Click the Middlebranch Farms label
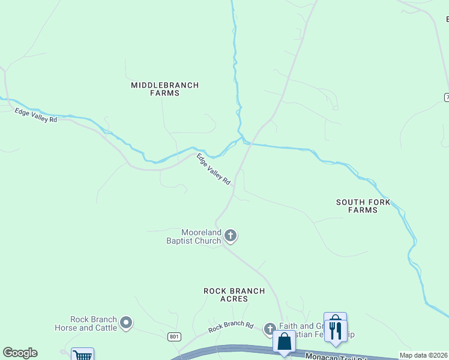click(x=164, y=89)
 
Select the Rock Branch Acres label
click(x=234, y=295)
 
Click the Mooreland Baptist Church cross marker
click(x=231, y=236)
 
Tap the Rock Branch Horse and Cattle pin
click(x=126, y=323)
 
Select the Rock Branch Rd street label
click(x=231, y=327)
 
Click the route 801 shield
click(x=174, y=337)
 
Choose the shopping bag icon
click(x=284, y=342)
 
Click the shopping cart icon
click(x=83, y=355)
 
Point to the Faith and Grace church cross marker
click(x=270, y=328)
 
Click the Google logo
click(x=20, y=353)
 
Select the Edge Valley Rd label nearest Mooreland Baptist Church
click(x=214, y=169)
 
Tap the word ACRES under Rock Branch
click(x=234, y=299)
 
